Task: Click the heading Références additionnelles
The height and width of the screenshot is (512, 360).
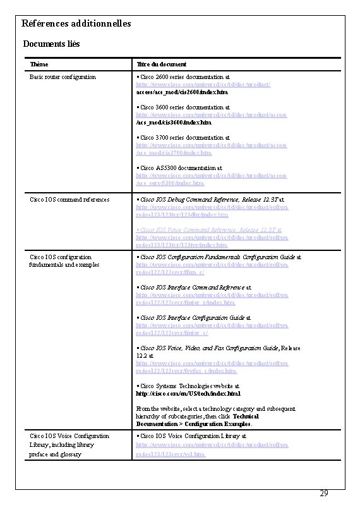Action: click(76, 23)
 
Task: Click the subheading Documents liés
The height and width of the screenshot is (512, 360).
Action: click(51, 44)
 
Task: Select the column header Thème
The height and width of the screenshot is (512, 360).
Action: click(39, 64)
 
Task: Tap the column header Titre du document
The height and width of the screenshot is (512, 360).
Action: click(162, 64)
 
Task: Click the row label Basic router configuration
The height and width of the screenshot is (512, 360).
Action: click(63, 77)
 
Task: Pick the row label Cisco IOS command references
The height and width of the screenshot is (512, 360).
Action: click(69, 200)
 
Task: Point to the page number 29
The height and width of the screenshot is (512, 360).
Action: click(323, 493)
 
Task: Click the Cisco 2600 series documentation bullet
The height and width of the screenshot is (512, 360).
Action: click(183, 77)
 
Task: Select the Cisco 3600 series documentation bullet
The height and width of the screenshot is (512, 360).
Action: click(183, 108)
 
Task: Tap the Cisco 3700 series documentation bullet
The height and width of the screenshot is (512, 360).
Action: click(183, 138)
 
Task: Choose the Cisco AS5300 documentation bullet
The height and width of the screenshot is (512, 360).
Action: click(179, 168)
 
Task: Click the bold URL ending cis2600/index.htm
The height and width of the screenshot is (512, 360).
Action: click(174, 92)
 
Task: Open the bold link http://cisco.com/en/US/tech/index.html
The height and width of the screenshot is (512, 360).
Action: click(187, 393)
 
